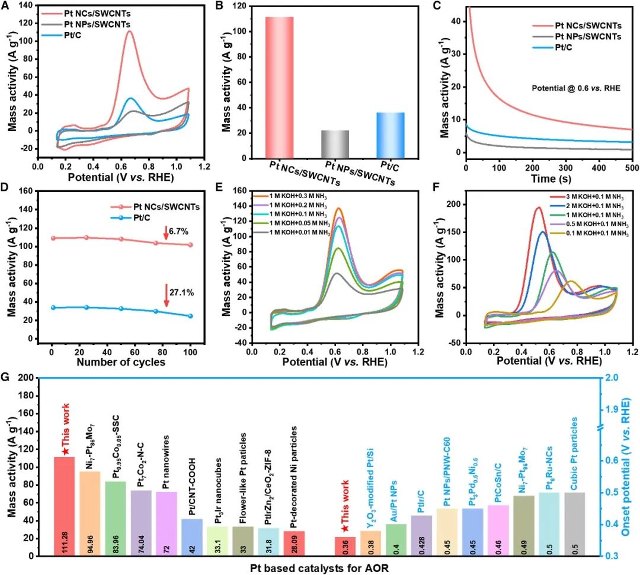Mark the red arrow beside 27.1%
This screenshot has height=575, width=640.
click(167, 295)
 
